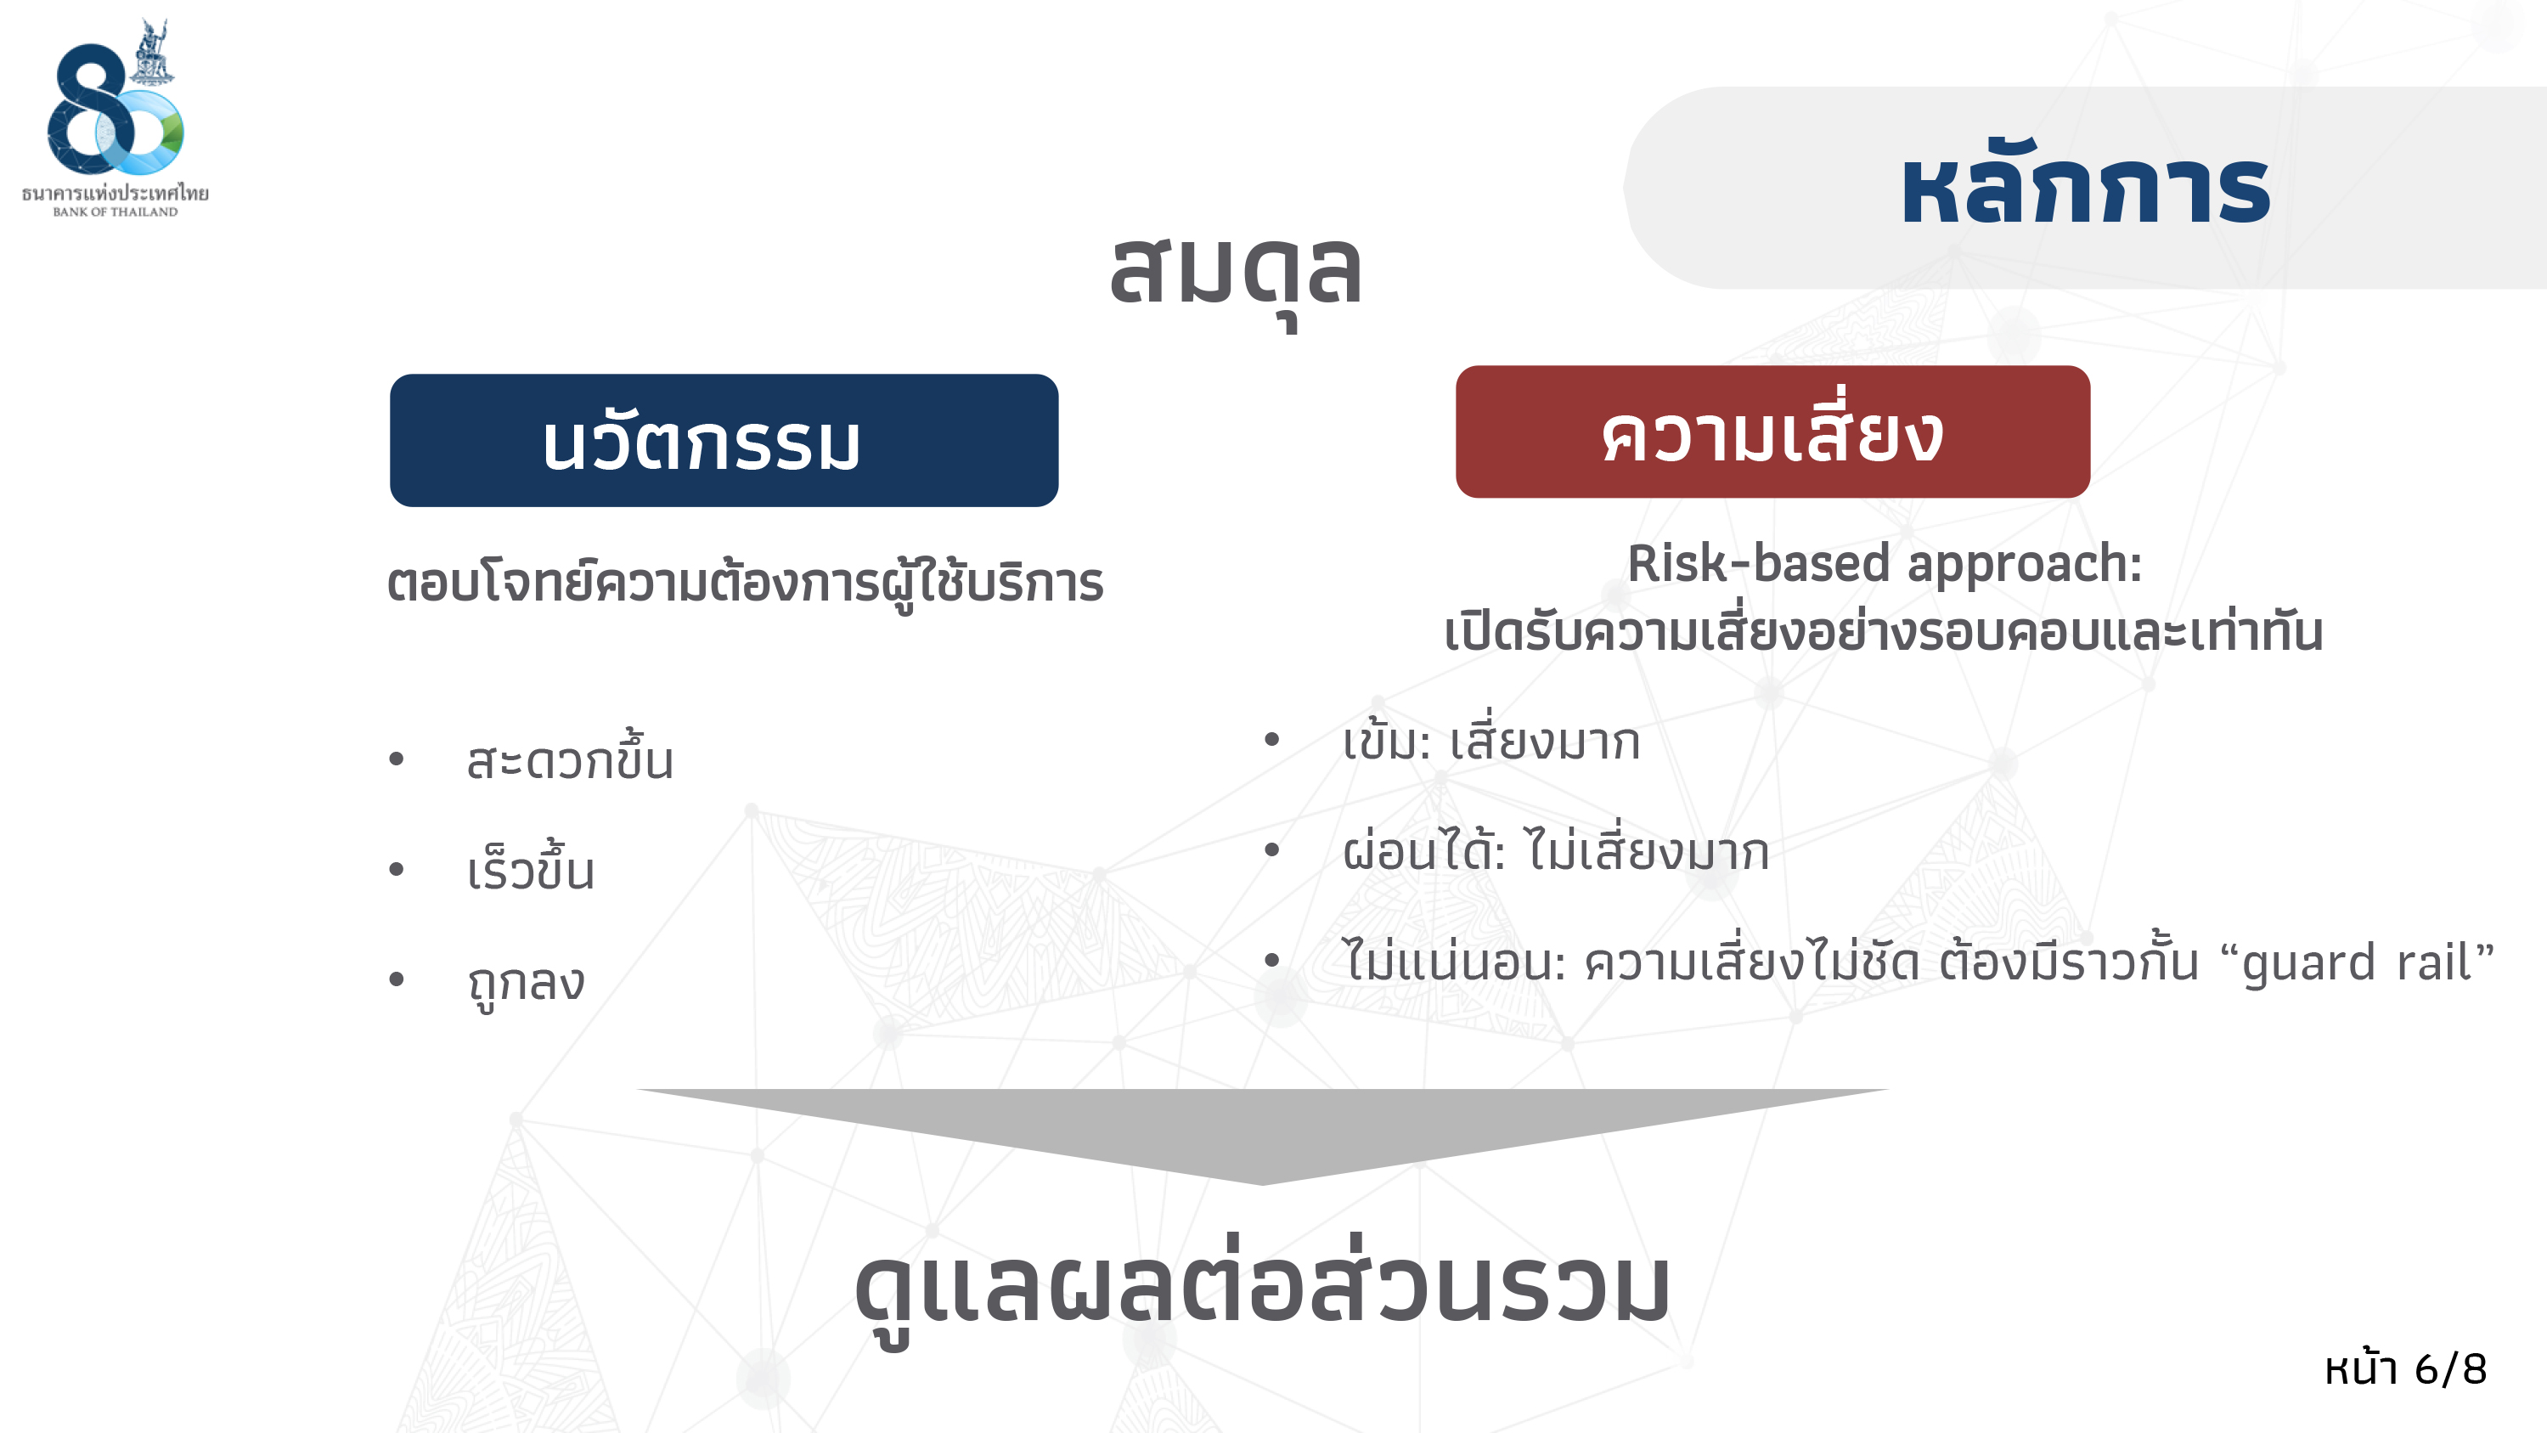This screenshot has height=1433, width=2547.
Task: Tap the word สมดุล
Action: coord(1236,272)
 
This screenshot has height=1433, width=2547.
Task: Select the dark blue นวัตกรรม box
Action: coord(724,440)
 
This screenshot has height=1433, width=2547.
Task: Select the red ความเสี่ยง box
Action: coord(1772,432)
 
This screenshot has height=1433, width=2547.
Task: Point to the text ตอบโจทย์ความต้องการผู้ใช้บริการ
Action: coord(746,584)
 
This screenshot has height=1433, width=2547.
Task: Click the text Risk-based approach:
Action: coord(1885,564)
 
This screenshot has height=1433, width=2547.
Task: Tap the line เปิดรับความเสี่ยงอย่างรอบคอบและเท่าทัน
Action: coord(1884,631)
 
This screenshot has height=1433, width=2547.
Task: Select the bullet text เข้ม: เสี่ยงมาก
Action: coord(1491,742)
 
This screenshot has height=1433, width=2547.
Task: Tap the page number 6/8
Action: coord(2450,1369)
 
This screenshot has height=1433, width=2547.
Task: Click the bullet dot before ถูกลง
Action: coord(397,979)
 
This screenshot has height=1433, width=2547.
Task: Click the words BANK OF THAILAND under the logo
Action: coord(116,212)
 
